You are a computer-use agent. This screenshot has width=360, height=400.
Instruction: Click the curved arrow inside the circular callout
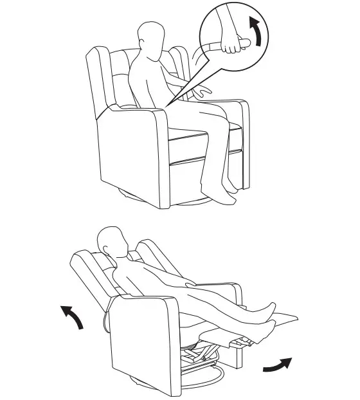[256, 32]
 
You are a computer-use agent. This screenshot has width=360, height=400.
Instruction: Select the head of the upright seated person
[150, 40]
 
